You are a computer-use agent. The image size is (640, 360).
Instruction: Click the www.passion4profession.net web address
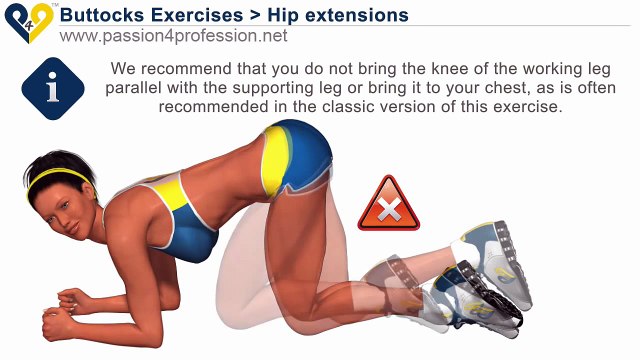point(173,36)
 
